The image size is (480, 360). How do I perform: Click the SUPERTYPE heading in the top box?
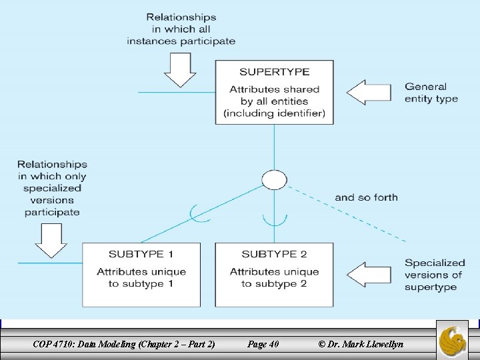[274, 72]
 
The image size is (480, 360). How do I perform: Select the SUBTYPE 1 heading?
[141, 254]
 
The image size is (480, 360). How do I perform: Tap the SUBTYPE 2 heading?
[274, 254]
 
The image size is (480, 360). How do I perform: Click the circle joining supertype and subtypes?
[274, 180]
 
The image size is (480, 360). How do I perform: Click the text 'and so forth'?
[366, 197]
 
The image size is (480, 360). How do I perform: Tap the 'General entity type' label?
[431, 92]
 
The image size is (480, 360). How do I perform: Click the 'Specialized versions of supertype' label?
[435, 275]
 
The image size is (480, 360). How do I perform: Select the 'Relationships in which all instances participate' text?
[181, 29]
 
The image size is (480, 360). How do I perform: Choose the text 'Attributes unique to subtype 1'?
[141, 277]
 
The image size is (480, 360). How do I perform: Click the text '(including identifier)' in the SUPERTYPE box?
[275, 113]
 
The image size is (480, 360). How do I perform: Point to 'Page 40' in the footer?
[263, 344]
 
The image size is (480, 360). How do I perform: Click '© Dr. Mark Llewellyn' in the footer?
[361, 344]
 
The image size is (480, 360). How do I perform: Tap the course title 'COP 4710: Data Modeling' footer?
[123, 344]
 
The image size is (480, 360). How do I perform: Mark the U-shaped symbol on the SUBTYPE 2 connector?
[274, 219]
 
